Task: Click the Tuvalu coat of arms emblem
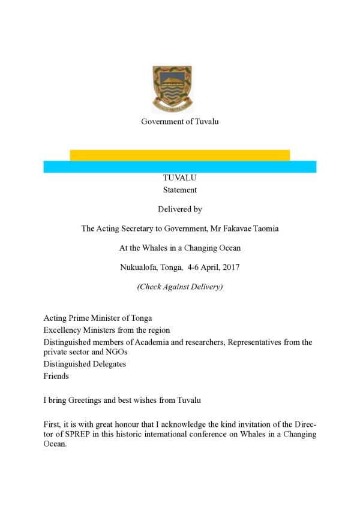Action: [172, 89]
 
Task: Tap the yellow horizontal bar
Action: [179, 155]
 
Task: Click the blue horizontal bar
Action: [179, 167]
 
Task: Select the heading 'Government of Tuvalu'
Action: [179, 122]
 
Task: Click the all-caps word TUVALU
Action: [179, 178]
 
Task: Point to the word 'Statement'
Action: [179, 190]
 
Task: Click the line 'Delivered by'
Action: [179, 209]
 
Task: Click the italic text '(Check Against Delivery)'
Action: [179, 287]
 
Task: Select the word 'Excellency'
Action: [63, 330]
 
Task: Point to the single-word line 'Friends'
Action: [56, 376]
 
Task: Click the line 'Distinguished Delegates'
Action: [85, 364]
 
